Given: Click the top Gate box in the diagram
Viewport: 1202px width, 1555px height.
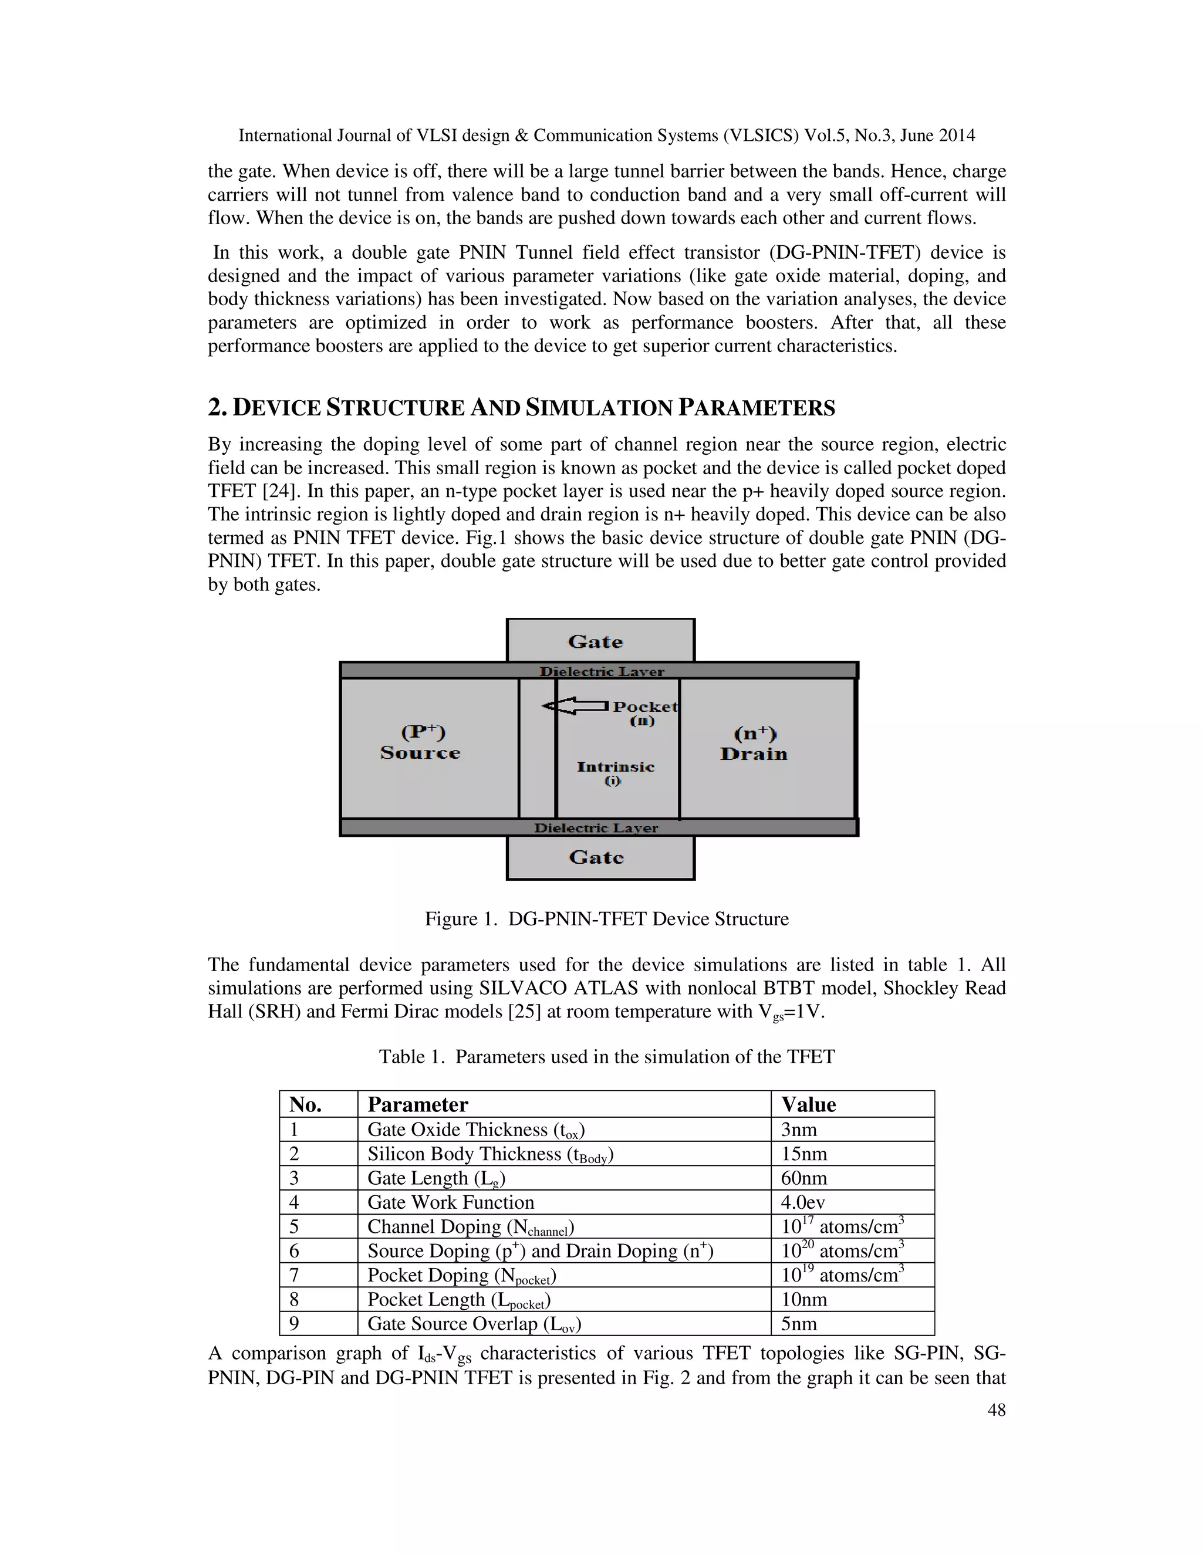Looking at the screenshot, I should point(600,641).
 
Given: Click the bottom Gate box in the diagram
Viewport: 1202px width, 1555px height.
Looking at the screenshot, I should point(600,857).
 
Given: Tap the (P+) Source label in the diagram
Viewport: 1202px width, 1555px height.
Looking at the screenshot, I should point(421,743).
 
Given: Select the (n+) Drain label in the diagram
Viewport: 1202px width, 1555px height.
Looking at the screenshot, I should point(754,743).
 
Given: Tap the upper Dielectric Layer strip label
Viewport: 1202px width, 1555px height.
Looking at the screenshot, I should point(601,671).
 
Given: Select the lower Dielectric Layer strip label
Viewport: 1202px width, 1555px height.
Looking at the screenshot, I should point(596,828).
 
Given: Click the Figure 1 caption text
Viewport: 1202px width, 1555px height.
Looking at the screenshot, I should point(607,918).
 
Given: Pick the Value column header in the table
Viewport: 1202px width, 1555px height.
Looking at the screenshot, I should point(808,1104).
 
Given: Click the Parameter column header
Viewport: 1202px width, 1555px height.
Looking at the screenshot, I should point(417,1104).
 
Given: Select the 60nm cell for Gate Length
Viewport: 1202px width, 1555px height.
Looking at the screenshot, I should point(804,1178).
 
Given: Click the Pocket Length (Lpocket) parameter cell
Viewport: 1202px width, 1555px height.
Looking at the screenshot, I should point(460,1299).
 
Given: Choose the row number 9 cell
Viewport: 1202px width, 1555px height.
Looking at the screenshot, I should point(294,1324).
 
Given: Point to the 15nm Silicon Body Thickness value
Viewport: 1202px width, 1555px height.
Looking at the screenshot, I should point(804,1154).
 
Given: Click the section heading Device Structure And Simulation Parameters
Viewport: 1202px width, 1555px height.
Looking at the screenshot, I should point(521,408).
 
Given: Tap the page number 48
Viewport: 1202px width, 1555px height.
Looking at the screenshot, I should point(996,1411).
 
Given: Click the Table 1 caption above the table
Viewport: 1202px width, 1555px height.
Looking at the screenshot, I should point(607,1057).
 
